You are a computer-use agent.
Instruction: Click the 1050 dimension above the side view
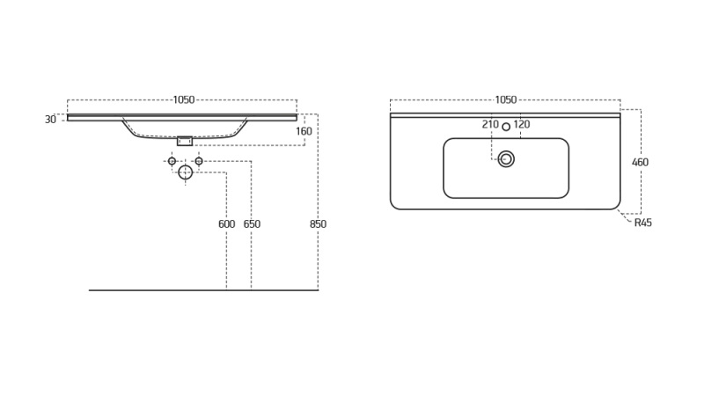[x=183, y=100]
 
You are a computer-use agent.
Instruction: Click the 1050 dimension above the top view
[x=505, y=100]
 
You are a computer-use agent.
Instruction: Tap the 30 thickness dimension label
[x=50, y=120]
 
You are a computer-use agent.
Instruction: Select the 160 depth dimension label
[x=304, y=132]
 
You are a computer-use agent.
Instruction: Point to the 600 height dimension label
[x=226, y=224]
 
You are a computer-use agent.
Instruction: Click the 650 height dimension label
[x=252, y=224]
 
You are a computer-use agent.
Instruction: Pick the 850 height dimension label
[x=318, y=224]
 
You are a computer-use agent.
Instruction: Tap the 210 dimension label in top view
[x=490, y=125]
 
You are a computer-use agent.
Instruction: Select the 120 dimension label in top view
[x=522, y=125]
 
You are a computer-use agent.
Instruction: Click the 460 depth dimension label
[x=640, y=163]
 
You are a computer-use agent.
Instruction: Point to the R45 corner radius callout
[x=643, y=223]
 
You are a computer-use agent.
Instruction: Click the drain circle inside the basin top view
[x=506, y=159]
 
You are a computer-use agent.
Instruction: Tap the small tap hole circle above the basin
[x=506, y=127]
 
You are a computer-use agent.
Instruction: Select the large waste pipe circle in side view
[x=185, y=172]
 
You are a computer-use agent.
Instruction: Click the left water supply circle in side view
[x=172, y=161]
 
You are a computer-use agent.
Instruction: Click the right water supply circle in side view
[x=199, y=161]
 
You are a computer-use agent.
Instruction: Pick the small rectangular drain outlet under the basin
[x=185, y=141]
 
